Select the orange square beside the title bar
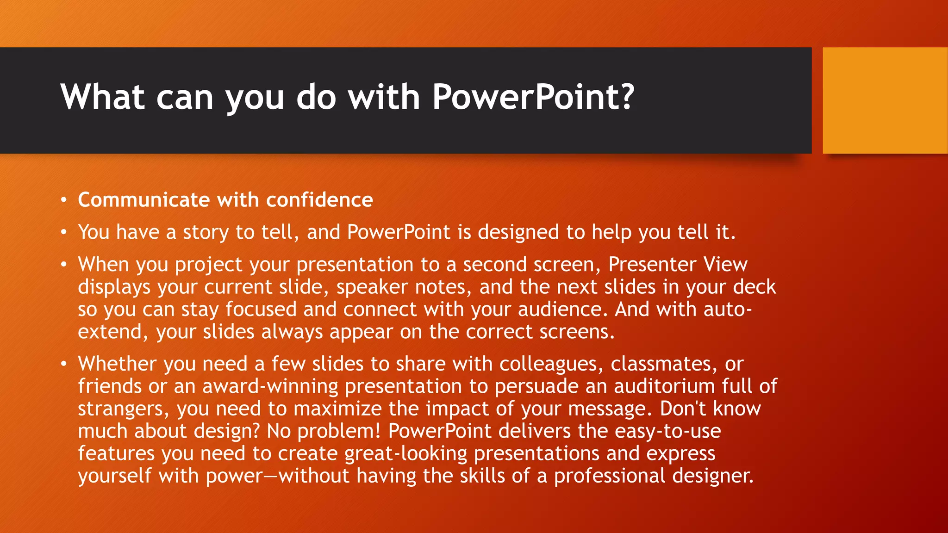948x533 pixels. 885,100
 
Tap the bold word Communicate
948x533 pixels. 144,200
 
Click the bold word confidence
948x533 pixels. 319,200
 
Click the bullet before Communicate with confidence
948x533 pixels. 64,200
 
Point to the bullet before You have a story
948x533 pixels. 64,232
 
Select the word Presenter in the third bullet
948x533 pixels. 652,264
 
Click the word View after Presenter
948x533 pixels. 725,264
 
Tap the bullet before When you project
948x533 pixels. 64,265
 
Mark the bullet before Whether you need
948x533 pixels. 64,364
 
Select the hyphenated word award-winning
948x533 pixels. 270,386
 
